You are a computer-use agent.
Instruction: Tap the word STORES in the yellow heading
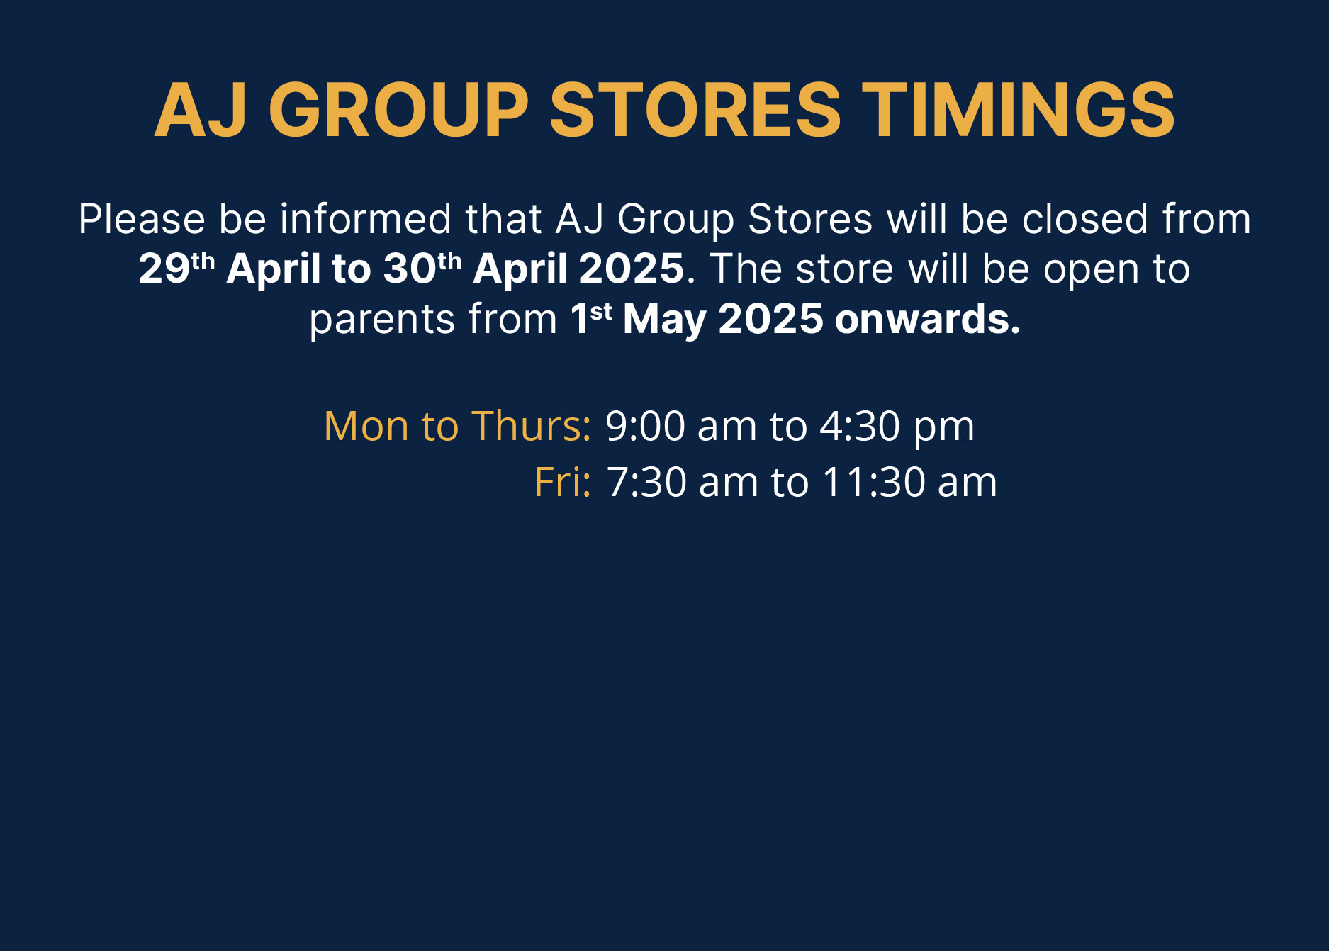(695, 110)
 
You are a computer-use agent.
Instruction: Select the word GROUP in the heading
(399, 110)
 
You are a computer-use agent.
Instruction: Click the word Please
(142, 219)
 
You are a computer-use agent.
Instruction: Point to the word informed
(366, 219)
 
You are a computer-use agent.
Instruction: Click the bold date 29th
(176, 268)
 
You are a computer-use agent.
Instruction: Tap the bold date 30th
(422, 268)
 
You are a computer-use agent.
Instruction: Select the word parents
(382, 320)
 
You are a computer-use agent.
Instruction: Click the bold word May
(664, 320)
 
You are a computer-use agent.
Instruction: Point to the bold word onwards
(927, 319)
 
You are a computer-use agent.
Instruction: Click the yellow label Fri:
(563, 482)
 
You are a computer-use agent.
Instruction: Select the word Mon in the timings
(366, 426)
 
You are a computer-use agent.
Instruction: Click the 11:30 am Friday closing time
(909, 482)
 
